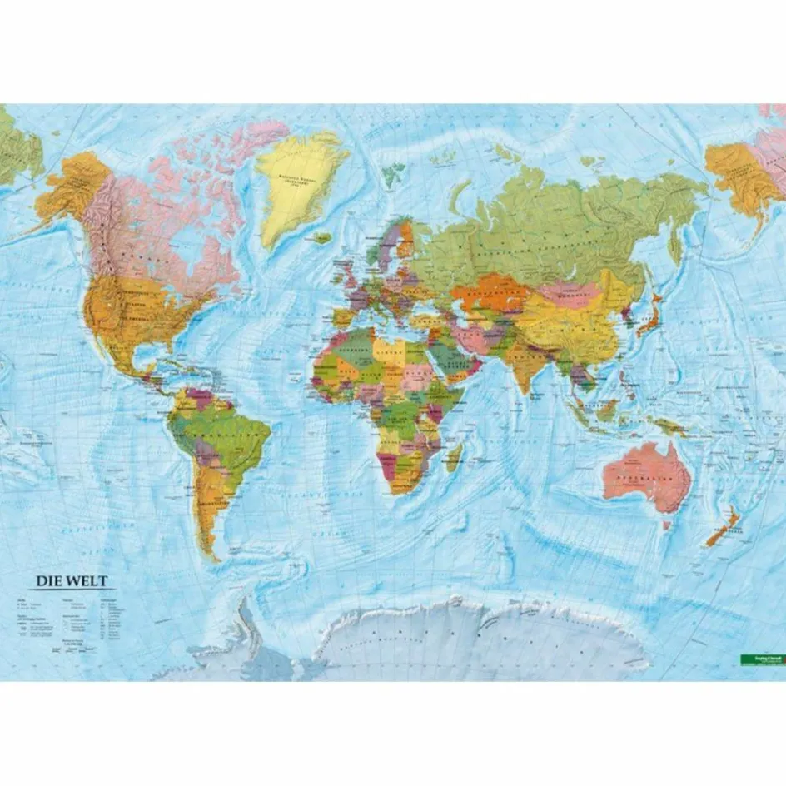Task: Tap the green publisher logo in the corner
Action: [x=761, y=659]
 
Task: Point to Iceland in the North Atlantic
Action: [x=322, y=237]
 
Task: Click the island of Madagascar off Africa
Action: [x=454, y=457]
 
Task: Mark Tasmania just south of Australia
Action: [x=666, y=525]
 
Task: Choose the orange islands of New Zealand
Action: [x=721, y=526]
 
